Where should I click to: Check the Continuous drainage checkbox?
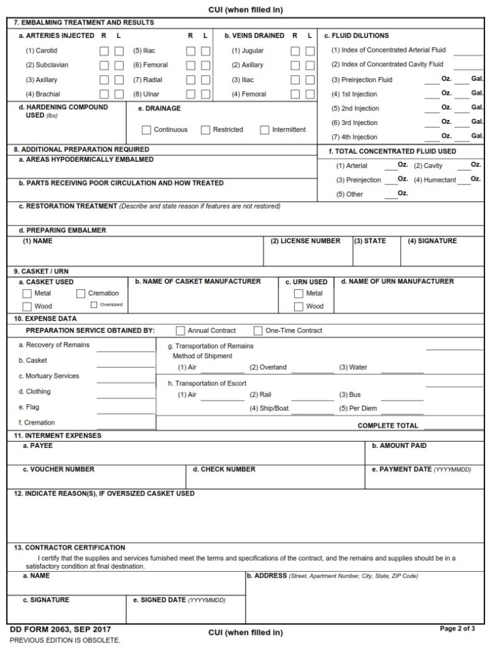146,130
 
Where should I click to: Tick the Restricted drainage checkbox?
206,130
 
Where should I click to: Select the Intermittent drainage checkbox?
265,130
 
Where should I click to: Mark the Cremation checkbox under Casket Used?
81,294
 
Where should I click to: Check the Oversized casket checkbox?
94,305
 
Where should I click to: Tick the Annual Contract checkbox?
181,330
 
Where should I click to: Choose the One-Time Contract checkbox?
258,330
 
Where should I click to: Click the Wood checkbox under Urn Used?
299,306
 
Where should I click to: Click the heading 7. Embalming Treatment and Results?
83,23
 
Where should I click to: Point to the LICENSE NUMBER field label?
306,241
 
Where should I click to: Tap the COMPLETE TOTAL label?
388,426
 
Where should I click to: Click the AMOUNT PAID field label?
399,446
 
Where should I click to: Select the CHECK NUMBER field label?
224,469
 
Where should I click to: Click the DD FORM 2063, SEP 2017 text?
60,630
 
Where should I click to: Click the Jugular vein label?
248,51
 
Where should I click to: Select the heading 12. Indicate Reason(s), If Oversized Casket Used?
104,493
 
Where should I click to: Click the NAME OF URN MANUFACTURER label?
397,281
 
